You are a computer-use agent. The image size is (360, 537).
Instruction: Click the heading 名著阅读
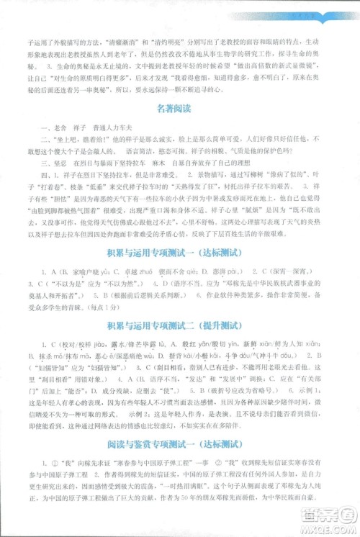pos(179,109)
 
